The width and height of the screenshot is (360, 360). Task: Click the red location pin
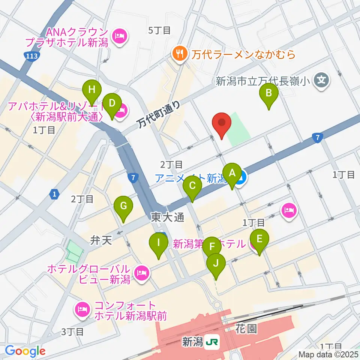(221, 124)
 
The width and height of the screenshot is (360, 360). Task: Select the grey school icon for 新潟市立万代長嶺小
(321, 80)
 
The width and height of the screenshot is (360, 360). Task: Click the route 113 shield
(30, 56)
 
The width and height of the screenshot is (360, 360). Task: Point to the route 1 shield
(55, 194)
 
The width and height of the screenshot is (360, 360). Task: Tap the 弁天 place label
(102, 240)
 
